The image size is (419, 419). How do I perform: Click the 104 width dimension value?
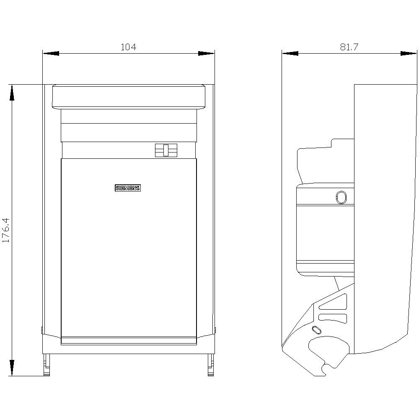coord(129,47)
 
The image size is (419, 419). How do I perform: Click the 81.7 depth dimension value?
coord(349,47)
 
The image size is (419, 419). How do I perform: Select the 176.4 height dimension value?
coord(6,230)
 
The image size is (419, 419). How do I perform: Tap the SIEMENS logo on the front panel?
coord(128,188)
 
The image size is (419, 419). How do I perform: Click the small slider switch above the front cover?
coord(166,150)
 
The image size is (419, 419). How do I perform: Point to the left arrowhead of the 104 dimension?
coord(51,54)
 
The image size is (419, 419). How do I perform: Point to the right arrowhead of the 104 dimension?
coord(206,54)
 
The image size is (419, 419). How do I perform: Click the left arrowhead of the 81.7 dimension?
coord(290,54)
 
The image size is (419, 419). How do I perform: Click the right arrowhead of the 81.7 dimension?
coord(409,54)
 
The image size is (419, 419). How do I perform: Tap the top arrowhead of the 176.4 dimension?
coord(12,93)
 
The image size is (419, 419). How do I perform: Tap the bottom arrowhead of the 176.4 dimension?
coord(12,368)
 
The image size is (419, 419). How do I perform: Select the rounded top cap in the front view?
coord(129,97)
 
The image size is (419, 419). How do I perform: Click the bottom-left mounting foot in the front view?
coord(47,365)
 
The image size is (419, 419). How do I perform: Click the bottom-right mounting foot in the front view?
coord(211,365)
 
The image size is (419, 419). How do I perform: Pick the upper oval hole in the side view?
coord(341,197)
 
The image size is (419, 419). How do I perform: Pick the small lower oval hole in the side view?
coord(316,330)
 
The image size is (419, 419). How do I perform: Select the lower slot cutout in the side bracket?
coord(333,318)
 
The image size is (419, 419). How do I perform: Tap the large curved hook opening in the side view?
coord(328,353)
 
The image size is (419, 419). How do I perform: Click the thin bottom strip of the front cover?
coord(129,341)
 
